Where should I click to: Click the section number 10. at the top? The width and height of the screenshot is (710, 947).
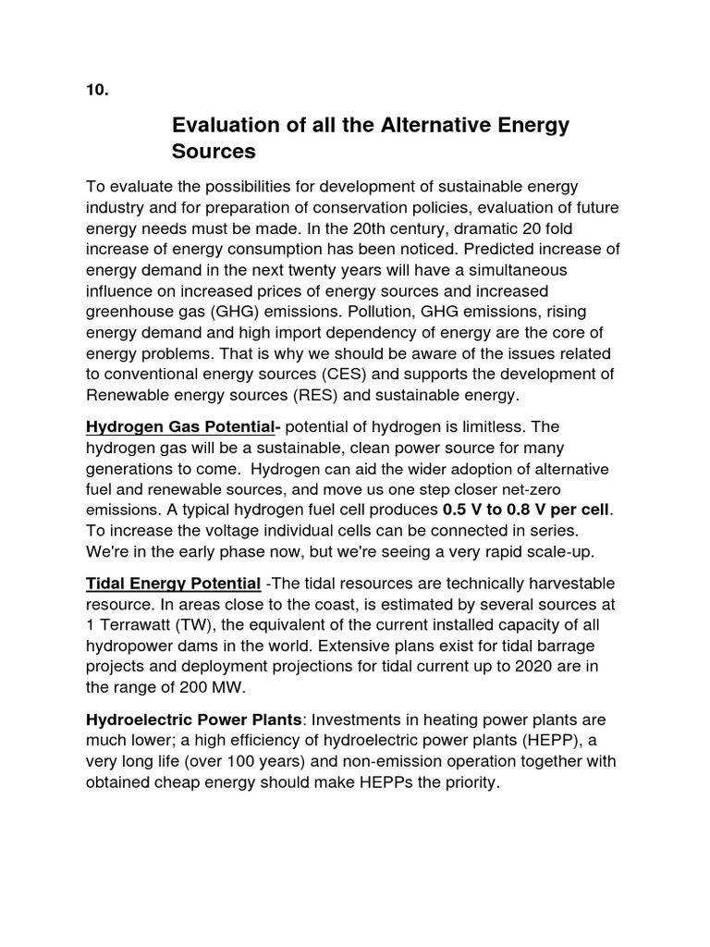[97, 89]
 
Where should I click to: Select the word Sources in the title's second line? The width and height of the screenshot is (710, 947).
[213, 150]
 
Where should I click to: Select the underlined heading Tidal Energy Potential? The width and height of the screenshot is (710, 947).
[173, 584]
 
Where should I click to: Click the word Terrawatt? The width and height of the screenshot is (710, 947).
[138, 625]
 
